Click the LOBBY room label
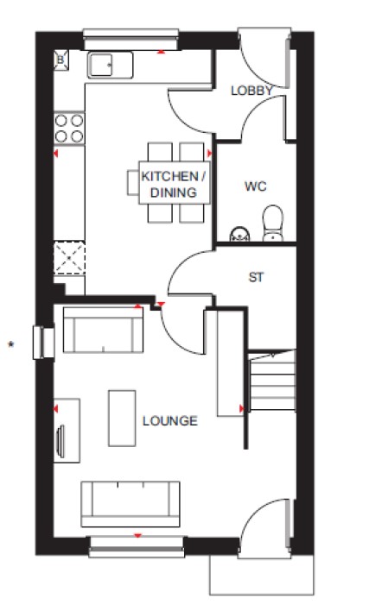252,91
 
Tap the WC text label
256,186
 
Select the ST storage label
256,277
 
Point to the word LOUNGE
170,421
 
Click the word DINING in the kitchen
173,192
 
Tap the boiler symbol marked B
60,60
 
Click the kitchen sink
111,65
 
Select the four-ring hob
69,129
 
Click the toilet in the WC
273,224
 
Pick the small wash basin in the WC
239,234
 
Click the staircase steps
272,381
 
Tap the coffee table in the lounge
122,418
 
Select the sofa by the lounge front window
130,504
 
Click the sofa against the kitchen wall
103,330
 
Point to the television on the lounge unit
60,441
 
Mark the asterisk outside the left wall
11,344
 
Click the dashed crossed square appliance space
69,258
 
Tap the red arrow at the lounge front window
137,536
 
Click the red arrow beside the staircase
241,408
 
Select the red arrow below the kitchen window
161,52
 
